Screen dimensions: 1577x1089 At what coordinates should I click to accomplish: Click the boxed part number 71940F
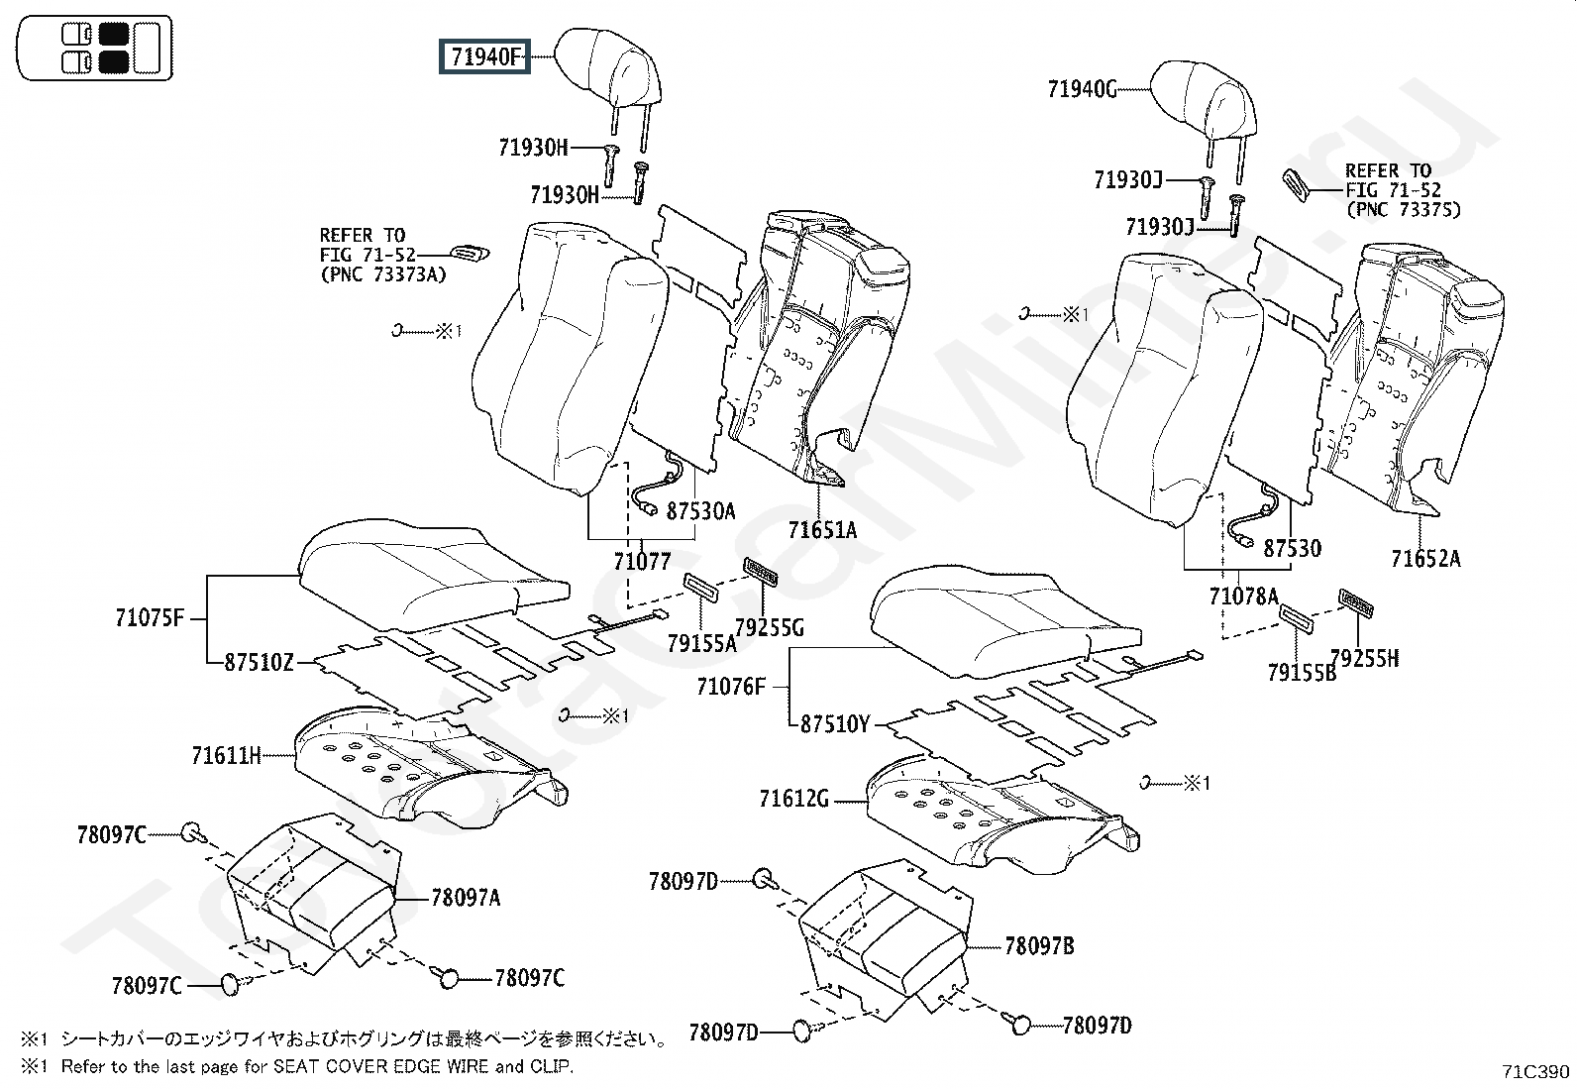click(484, 56)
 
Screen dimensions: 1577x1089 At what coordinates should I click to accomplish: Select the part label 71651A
click(822, 530)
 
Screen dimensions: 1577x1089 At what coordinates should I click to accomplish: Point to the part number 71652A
click(1425, 559)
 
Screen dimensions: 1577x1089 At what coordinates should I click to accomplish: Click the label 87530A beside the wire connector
click(700, 510)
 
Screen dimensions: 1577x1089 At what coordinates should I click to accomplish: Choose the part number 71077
click(642, 562)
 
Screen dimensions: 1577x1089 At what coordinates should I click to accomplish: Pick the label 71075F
click(150, 617)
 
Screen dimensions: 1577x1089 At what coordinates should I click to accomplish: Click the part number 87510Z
click(260, 662)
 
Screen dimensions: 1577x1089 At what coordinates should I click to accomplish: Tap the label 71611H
click(226, 756)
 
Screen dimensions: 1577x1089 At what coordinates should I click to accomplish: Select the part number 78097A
click(466, 898)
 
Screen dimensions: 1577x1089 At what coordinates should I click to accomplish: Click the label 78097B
click(1039, 946)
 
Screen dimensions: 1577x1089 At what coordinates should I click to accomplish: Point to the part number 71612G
click(794, 799)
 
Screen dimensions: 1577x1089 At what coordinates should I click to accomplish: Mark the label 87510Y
click(835, 724)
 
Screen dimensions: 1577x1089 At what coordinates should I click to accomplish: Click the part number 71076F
click(731, 686)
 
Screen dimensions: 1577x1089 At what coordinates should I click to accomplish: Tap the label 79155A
click(702, 643)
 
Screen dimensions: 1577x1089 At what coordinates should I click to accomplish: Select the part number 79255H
click(1364, 659)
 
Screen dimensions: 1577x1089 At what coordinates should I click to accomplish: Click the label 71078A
click(1243, 597)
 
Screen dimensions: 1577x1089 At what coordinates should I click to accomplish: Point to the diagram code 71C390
click(1535, 1071)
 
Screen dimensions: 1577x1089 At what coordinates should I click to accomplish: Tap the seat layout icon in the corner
click(94, 48)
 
